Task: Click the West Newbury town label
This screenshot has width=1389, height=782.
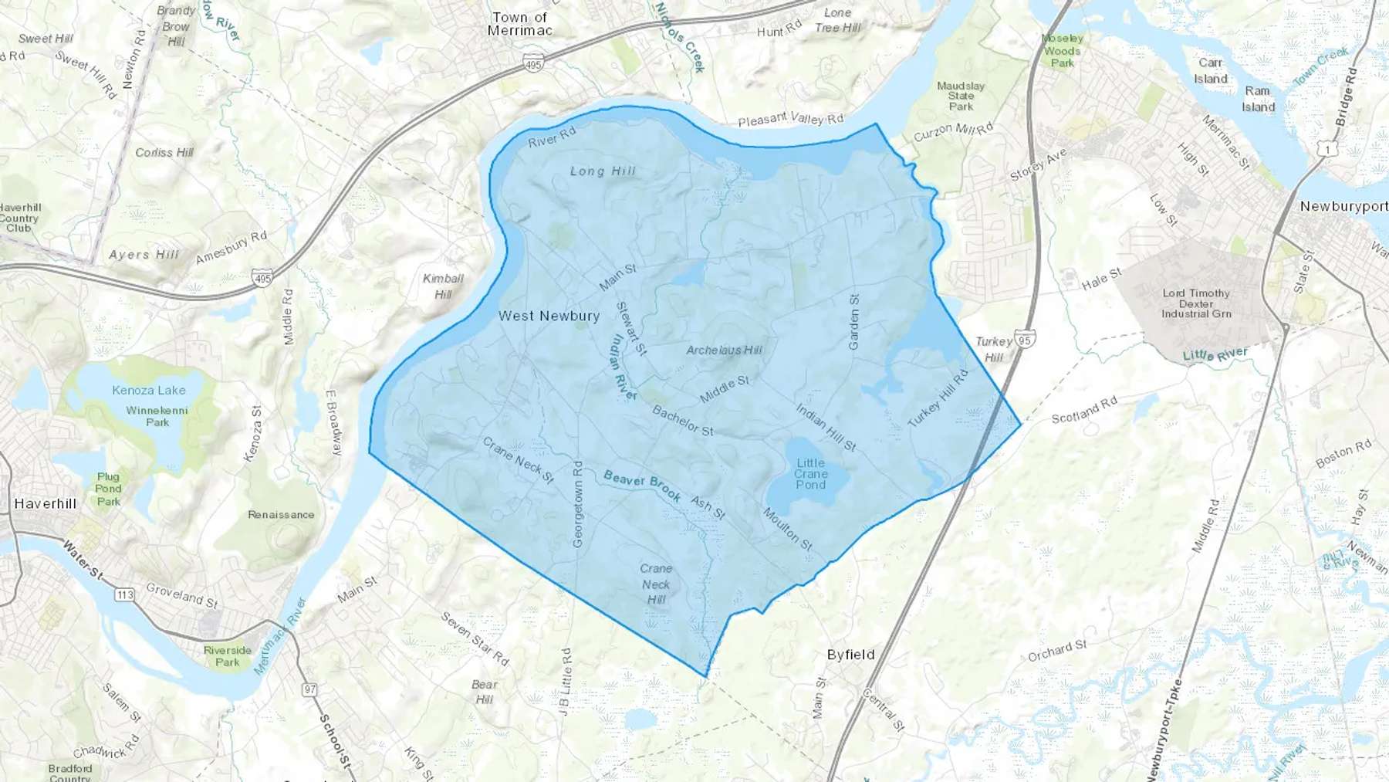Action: (x=549, y=316)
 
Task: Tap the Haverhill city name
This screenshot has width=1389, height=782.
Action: (x=46, y=503)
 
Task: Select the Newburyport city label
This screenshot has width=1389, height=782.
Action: (x=1343, y=206)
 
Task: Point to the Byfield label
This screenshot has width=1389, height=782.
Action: (x=850, y=655)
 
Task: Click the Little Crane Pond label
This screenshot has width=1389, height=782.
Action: (x=810, y=474)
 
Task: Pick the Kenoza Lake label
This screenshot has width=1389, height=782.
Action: (x=149, y=390)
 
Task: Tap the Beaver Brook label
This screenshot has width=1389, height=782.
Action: (x=642, y=486)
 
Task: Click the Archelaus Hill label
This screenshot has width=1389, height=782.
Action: (x=724, y=350)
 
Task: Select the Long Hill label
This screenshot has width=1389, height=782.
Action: (x=603, y=171)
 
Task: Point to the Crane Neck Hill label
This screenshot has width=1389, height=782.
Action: (x=656, y=584)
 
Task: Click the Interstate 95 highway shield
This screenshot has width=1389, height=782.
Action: (x=1025, y=339)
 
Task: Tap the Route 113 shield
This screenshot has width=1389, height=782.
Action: (x=124, y=594)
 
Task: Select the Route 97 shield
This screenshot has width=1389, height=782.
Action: (x=309, y=689)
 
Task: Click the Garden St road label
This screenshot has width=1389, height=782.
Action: (x=853, y=322)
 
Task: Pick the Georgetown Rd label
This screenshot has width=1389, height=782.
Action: (x=577, y=504)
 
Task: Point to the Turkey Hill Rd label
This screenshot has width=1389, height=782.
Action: (x=938, y=399)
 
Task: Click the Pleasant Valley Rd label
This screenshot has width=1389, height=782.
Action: (x=790, y=119)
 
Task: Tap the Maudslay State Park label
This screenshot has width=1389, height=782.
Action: (x=961, y=96)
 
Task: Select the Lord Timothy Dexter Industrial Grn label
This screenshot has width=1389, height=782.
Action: (x=1196, y=303)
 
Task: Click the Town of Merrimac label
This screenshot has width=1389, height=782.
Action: (x=520, y=24)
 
